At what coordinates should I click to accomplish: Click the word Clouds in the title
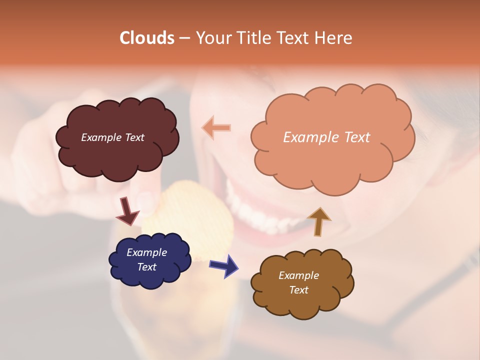[x=147, y=38]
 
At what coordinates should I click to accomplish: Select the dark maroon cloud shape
[x=117, y=155]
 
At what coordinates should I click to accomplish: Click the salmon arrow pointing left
[x=216, y=127]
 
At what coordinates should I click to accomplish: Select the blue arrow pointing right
[x=224, y=265]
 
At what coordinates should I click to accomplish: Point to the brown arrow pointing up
[x=318, y=221]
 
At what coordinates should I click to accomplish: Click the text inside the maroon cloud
[x=112, y=137]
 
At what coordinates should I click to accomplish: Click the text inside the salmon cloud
[x=326, y=137]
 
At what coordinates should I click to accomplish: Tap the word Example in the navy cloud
[x=146, y=252]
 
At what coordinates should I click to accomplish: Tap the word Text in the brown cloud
[x=298, y=290]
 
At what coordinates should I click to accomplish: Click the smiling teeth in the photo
[x=265, y=215]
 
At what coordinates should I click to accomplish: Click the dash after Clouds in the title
[x=184, y=38]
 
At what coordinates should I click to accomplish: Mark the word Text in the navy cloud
[x=146, y=267]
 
